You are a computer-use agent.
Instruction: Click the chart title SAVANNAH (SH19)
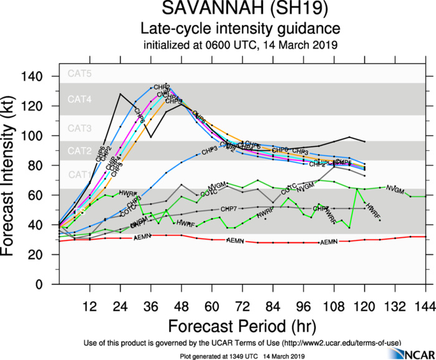click(x=241, y=10)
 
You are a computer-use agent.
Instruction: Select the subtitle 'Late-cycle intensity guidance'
click(x=241, y=29)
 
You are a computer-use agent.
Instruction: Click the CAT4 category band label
click(x=80, y=99)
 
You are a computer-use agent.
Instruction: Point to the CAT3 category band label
click(x=80, y=129)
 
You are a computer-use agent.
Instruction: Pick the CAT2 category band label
click(x=80, y=151)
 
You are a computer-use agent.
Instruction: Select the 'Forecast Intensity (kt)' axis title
click(x=13, y=181)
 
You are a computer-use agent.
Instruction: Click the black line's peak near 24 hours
click(x=120, y=94)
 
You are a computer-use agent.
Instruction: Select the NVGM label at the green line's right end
click(x=395, y=188)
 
